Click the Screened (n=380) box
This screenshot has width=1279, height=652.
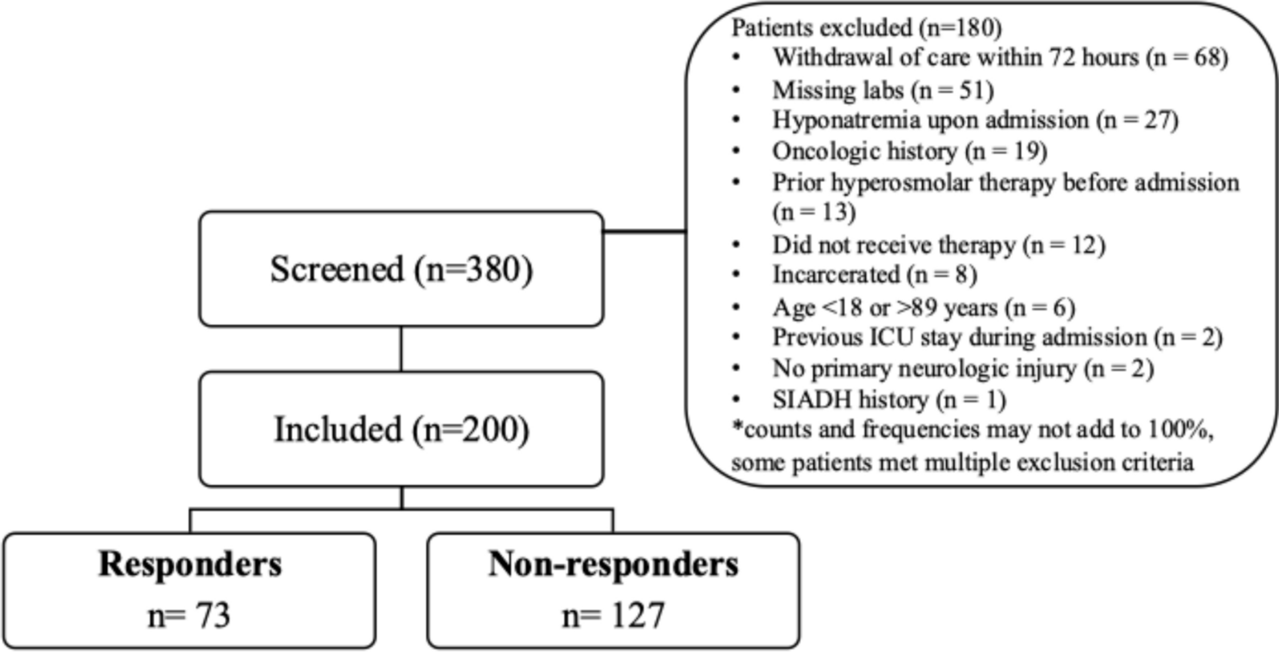(x=401, y=269)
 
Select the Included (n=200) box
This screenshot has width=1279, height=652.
(x=401, y=429)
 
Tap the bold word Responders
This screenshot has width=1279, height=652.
(x=190, y=564)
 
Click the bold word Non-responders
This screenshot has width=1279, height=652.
(x=613, y=564)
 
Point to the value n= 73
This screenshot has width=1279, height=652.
(x=189, y=616)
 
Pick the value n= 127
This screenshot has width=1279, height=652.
(x=613, y=616)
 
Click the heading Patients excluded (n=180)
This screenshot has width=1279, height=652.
(x=867, y=28)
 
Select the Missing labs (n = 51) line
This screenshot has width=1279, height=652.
(x=883, y=90)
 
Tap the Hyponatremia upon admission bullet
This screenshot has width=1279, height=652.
(x=975, y=120)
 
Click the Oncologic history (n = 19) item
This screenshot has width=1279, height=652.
(x=909, y=151)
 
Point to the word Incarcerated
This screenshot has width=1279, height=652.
(x=835, y=275)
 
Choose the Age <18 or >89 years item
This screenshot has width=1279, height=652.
(x=923, y=307)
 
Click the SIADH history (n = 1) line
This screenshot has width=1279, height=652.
(x=888, y=399)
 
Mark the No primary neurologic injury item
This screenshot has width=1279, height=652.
(x=962, y=369)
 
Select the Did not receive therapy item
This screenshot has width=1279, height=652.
(x=938, y=244)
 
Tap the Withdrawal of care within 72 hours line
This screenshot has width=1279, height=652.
(x=1000, y=58)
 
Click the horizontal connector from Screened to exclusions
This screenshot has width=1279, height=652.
(x=644, y=232)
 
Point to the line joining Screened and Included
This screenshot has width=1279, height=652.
(x=401, y=348)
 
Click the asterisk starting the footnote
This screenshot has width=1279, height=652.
(x=737, y=427)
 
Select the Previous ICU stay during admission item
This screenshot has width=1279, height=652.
(x=997, y=337)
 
